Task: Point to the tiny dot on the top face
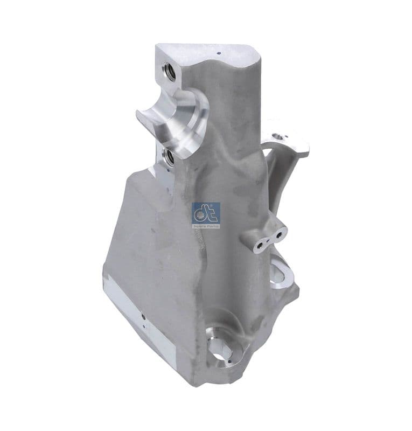click(219, 54)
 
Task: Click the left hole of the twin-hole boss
click(260, 245)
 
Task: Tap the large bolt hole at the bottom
click(221, 349)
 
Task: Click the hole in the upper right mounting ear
click(276, 136)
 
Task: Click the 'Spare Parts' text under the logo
click(206, 226)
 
